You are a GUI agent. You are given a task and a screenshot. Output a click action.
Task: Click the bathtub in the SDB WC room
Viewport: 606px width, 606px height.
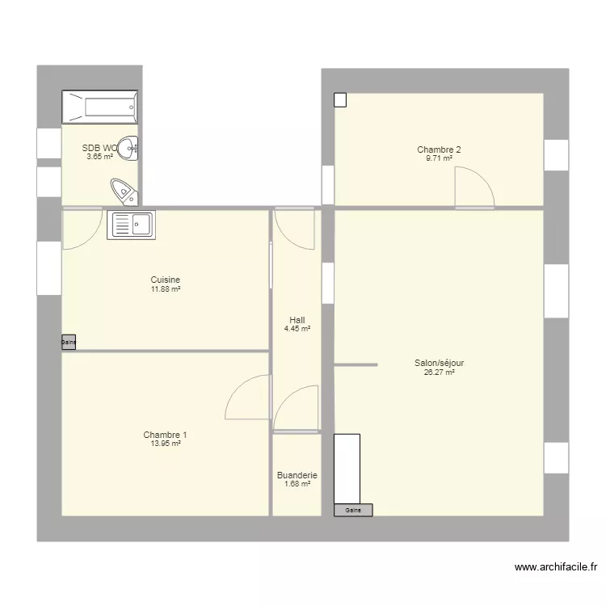click(x=100, y=107)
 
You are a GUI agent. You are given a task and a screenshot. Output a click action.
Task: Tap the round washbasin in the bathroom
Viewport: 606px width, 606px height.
click(x=129, y=147)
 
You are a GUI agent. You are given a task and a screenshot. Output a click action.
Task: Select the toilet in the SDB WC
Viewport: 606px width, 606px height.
click(x=123, y=191)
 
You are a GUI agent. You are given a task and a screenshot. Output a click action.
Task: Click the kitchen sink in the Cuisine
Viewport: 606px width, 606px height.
click(x=132, y=225)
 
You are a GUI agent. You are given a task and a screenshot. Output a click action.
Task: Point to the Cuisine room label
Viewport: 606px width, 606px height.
click(x=165, y=280)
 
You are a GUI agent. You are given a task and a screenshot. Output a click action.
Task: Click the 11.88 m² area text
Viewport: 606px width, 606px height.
click(x=165, y=289)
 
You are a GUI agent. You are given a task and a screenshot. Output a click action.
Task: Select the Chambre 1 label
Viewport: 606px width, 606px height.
click(x=165, y=435)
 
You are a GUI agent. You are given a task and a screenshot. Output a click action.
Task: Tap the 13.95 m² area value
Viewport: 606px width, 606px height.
click(x=165, y=444)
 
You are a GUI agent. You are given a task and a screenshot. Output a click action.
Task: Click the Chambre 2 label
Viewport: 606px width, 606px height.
click(x=439, y=149)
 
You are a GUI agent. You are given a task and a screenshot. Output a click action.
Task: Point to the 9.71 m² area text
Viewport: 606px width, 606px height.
click(x=439, y=158)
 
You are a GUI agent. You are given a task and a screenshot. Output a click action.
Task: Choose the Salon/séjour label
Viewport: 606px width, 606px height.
click(x=439, y=364)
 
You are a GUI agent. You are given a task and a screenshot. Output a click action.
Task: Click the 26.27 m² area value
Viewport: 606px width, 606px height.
click(x=439, y=372)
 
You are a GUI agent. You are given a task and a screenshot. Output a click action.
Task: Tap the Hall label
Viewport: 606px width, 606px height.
click(x=297, y=320)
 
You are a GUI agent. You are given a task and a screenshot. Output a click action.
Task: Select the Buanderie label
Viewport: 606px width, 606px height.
click(x=297, y=476)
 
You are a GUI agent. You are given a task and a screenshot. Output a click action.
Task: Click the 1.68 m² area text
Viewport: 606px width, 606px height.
click(x=297, y=485)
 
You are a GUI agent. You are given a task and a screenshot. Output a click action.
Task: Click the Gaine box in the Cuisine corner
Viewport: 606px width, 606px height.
click(x=69, y=343)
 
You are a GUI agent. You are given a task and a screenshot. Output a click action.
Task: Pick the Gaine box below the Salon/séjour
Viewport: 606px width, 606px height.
click(x=353, y=511)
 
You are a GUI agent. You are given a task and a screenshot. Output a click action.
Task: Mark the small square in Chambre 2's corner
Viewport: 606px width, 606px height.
click(x=340, y=100)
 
